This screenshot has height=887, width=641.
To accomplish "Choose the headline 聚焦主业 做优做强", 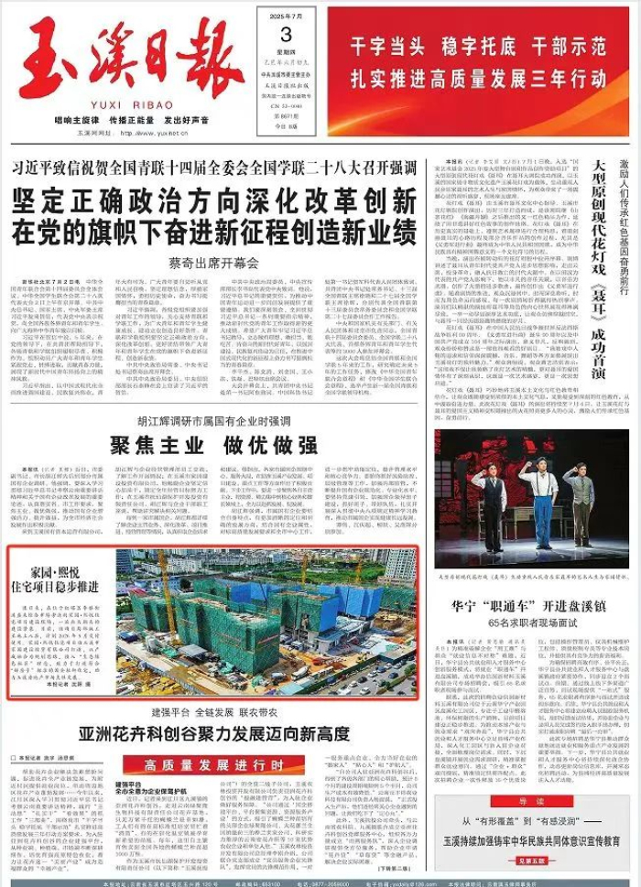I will tap(214, 446).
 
